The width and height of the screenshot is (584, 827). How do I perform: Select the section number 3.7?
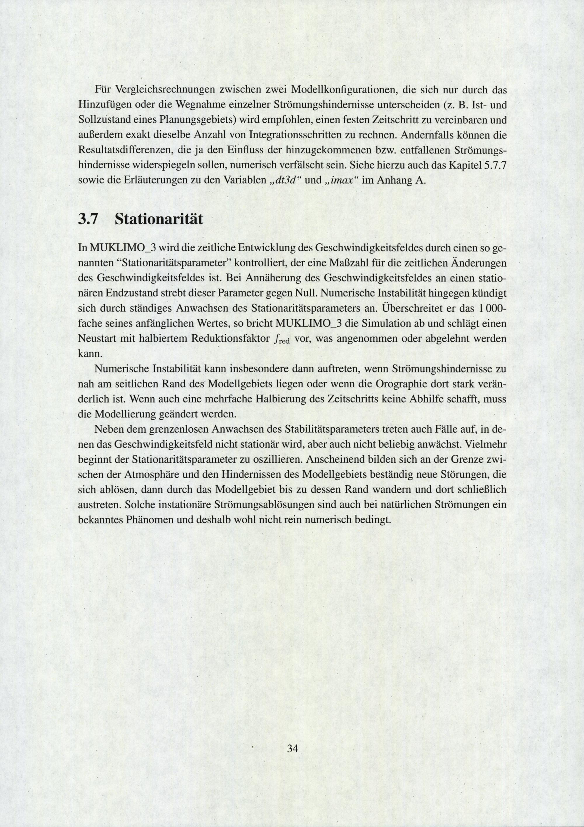click(88, 219)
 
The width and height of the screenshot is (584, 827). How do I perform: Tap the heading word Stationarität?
click(159, 219)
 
